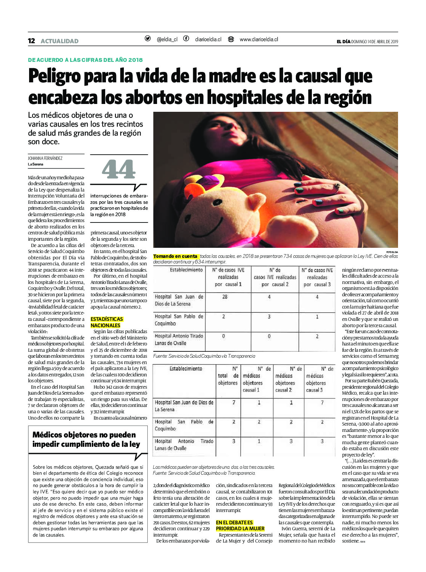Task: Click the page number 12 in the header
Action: pyautogui.click(x=31, y=41)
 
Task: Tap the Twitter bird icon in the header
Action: pyautogui.click(x=148, y=39)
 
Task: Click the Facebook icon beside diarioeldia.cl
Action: pyautogui.click(x=186, y=39)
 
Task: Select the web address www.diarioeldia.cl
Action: pyautogui.click(x=259, y=39)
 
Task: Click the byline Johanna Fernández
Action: pyautogui.click(x=45, y=158)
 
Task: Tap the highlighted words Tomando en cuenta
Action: pyautogui.click(x=175, y=256)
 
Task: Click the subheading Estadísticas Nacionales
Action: pyautogui.click(x=106, y=322)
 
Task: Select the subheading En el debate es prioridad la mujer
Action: pyautogui.click(x=240, y=525)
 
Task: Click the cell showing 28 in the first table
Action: pyautogui.click(x=225, y=297)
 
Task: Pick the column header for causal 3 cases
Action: pyautogui.click(x=317, y=277)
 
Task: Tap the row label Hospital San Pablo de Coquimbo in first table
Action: pyautogui.click(x=179, y=320)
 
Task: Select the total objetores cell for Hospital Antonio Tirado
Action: pyautogui.click(x=234, y=441)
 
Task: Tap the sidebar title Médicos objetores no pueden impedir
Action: pyautogui.click(x=86, y=439)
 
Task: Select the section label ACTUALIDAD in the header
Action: pyautogui.click(x=59, y=41)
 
